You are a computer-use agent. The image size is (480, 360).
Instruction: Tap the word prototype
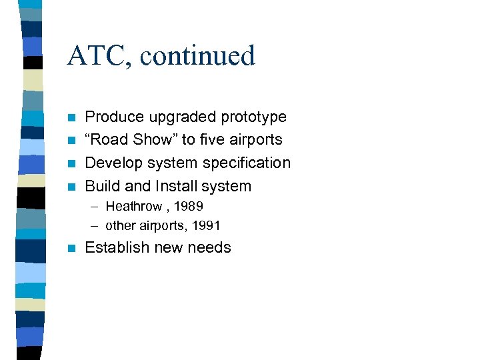tap(256, 117)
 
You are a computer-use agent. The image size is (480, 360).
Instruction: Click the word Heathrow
tap(134, 206)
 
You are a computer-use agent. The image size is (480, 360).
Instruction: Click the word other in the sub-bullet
tap(119, 226)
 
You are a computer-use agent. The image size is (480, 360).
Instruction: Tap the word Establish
tap(117, 247)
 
